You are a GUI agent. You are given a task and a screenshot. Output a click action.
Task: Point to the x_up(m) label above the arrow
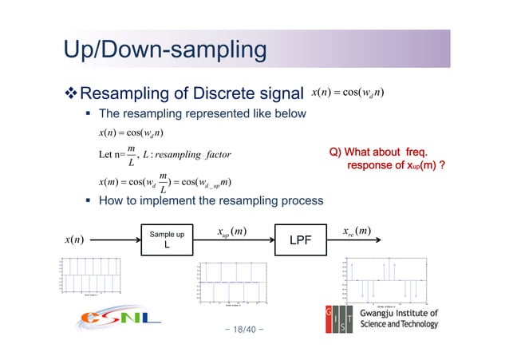pyautogui.click(x=232, y=231)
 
